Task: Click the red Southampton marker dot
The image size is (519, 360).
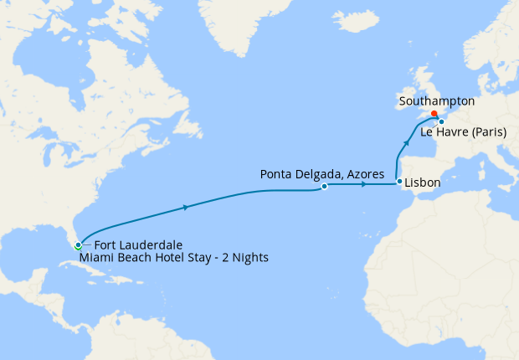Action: point(434,114)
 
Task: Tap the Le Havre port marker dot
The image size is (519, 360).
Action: point(441,122)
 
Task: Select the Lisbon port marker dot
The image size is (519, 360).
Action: point(399,182)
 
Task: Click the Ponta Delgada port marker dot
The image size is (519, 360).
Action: point(324,187)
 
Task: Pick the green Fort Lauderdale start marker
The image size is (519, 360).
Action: point(77,246)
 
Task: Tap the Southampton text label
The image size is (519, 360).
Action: point(437,101)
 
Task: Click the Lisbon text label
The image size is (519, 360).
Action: point(424,181)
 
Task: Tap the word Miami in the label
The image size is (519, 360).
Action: point(96,258)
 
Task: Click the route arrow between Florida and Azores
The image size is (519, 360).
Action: point(185,206)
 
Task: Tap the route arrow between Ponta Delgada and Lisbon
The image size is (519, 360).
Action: point(363,184)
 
